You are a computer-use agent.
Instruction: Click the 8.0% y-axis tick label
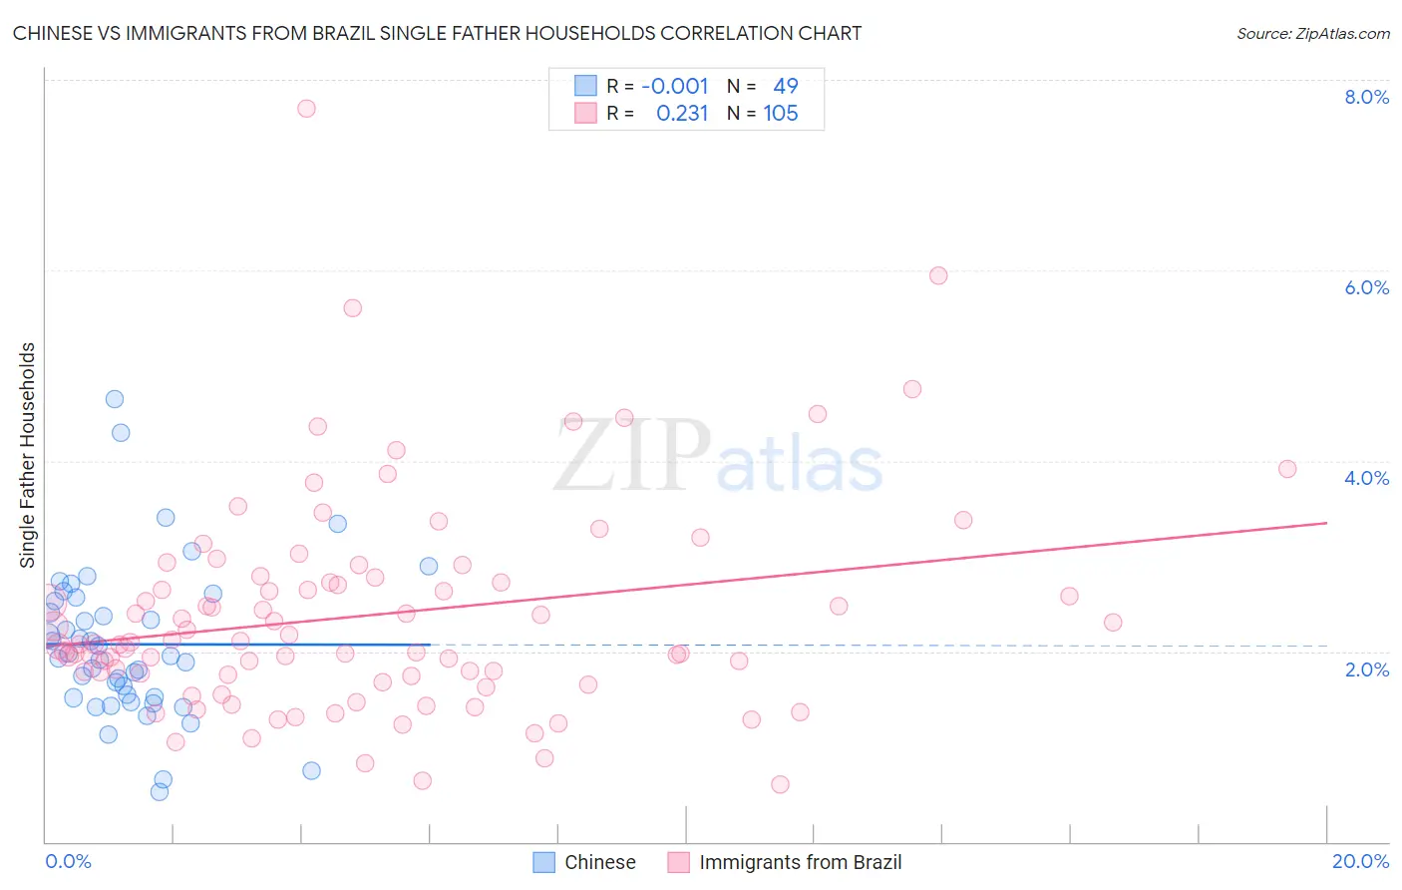point(1366,97)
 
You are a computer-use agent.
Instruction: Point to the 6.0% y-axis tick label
point(1366,287)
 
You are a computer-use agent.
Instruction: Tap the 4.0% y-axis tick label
point(1366,478)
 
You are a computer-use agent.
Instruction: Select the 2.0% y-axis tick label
point(1366,669)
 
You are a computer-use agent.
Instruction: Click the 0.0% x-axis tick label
point(68,861)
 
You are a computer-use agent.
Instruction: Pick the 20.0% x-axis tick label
point(1360,861)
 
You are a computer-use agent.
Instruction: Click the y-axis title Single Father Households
point(28,455)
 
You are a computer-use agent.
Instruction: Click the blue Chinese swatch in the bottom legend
point(543,862)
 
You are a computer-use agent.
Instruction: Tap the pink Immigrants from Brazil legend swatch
point(678,862)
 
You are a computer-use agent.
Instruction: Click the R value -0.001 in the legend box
point(674,86)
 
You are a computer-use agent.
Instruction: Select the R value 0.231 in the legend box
point(682,114)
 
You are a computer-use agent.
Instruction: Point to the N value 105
point(781,114)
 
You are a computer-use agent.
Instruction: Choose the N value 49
point(786,86)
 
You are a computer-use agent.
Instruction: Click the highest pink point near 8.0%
point(306,108)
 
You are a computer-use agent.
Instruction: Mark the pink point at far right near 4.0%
point(1287,469)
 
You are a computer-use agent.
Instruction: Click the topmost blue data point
point(115,399)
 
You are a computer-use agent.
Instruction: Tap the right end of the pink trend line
point(1327,523)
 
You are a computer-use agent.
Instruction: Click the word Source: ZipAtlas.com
point(1313,34)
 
